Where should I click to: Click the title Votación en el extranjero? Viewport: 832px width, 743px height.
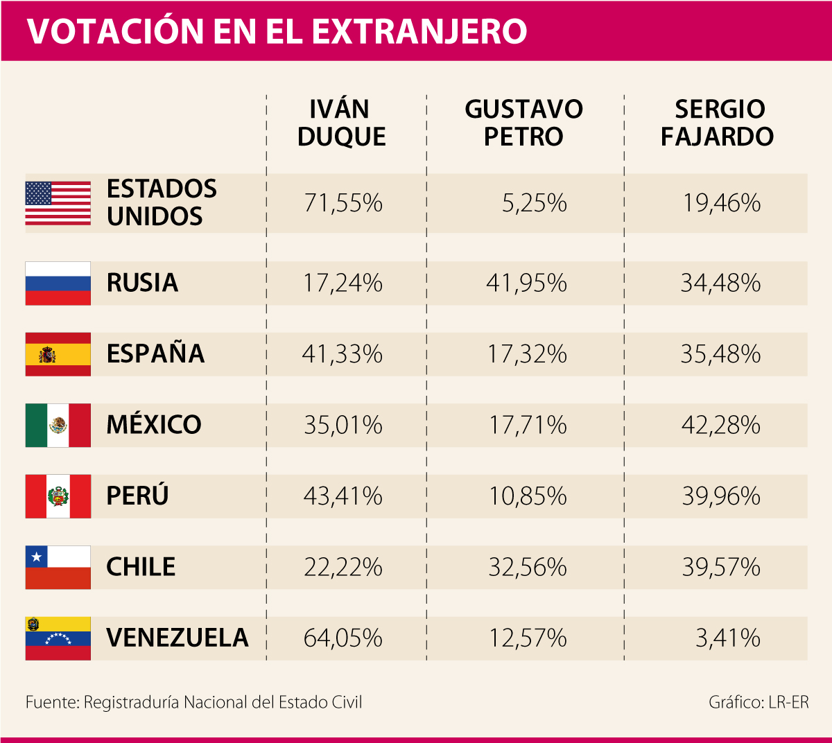[x=277, y=31]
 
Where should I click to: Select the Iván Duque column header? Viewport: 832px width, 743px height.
[x=341, y=123]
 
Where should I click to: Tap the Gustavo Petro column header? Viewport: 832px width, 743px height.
[x=523, y=123]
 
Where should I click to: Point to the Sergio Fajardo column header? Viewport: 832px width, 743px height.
[x=717, y=123]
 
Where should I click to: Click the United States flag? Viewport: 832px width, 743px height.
[x=58, y=203]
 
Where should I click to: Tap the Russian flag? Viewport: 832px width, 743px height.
[x=58, y=283]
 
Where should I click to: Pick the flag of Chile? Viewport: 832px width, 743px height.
[x=58, y=567]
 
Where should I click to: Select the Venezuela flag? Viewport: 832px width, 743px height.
[x=58, y=638]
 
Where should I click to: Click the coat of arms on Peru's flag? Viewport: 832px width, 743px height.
[x=58, y=496]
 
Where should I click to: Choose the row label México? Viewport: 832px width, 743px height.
[x=154, y=425]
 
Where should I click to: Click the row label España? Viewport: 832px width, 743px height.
[x=155, y=354]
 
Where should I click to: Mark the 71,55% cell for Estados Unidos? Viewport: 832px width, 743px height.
[x=343, y=203]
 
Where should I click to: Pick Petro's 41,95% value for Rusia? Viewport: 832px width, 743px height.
[x=526, y=283]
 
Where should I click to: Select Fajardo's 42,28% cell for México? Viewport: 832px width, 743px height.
[x=720, y=425]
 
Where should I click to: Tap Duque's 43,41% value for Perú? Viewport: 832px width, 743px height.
[x=343, y=496]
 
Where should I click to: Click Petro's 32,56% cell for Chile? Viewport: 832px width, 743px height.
[x=527, y=568]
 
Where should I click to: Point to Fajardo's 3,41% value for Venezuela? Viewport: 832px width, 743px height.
[x=727, y=638]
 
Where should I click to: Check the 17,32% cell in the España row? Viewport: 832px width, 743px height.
[x=527, y=354]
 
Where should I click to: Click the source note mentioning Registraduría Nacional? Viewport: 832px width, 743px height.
[x=193, y=702]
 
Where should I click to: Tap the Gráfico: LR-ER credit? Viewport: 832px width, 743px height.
[x=759, y=702]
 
